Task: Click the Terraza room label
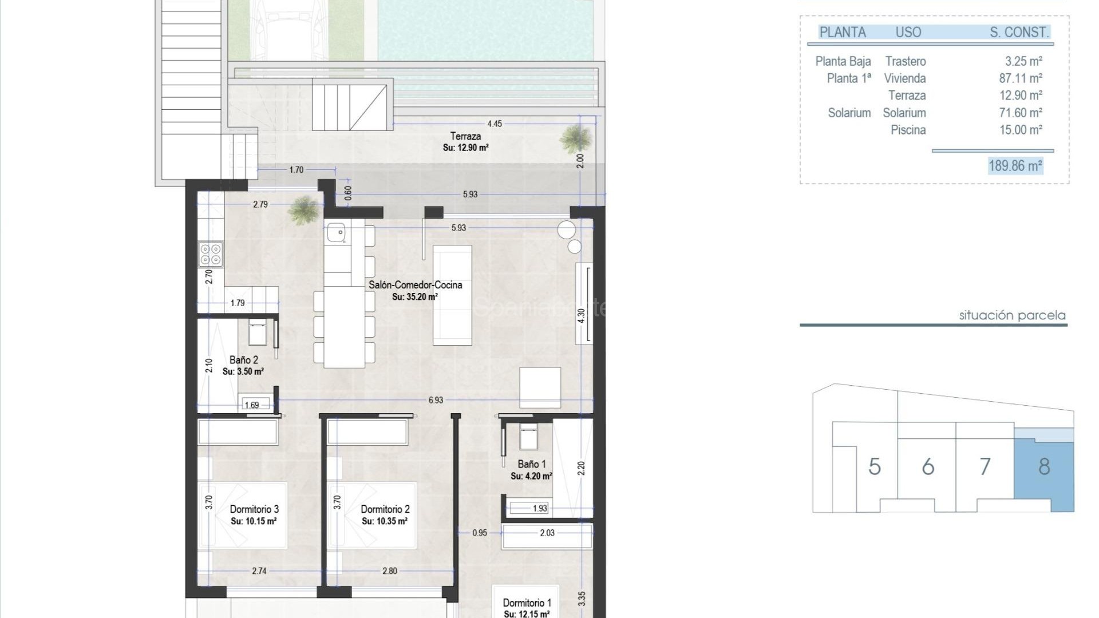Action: pos(465,136)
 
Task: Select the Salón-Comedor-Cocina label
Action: pos(415,285)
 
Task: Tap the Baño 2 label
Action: pos(243,360)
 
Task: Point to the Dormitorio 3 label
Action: pos(254,509)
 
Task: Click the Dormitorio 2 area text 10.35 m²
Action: pos(384,521)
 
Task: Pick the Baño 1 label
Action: pos(531,464)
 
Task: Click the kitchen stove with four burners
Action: pos(211,254)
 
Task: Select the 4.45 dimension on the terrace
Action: pos(494,124)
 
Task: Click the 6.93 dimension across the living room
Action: pos(436,400)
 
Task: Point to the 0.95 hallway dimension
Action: pos(479,533)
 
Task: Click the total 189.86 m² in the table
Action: pos(1015,166)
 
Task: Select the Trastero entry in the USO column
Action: pos(905,61)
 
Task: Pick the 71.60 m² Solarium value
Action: pos(1020,113)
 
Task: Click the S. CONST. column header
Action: pos(1019,33)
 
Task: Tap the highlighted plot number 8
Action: pos(1044,467)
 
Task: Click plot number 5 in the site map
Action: pos(874,467)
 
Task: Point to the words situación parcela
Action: pos(1012,315)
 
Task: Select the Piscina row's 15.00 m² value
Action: pos(1020,130)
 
